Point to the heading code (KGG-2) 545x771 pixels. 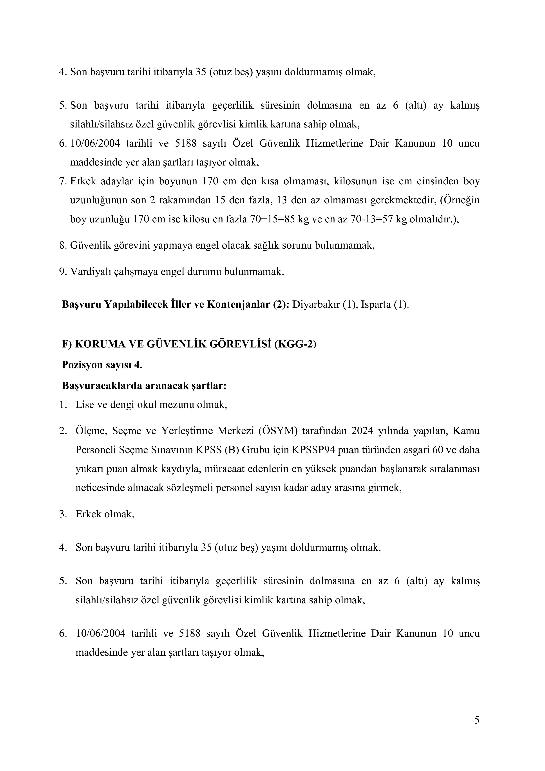pos(295,344)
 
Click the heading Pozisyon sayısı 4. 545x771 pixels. pos(102,365)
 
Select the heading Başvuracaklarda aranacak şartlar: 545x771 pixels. pos(144,385)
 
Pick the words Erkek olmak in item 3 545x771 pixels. pos(105,514)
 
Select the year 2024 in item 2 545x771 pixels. pos(362,431)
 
